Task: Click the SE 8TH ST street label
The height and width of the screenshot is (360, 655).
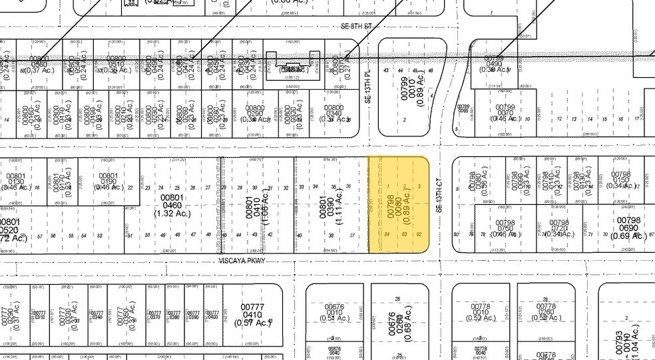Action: pos(352,26)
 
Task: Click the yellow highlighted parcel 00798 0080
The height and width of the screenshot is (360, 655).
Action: pos(398,204)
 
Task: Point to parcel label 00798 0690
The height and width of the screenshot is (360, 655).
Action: pos(628,228)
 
